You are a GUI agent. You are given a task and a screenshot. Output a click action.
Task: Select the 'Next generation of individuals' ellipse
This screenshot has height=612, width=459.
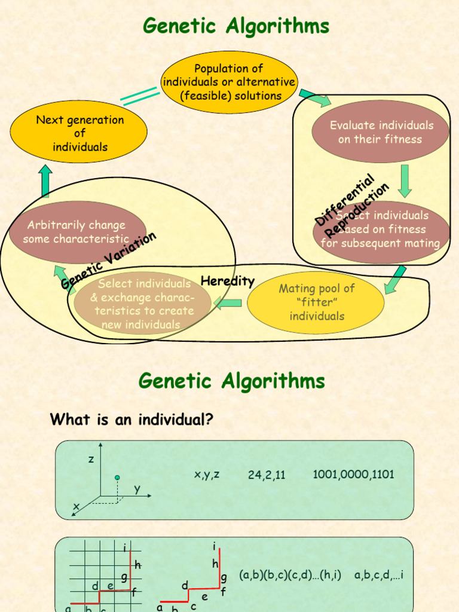point(79,133)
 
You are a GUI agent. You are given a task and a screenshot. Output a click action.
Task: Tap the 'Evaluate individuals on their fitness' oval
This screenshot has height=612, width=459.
point(380,132)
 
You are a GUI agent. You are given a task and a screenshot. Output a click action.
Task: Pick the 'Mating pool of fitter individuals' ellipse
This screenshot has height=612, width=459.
point(316,302)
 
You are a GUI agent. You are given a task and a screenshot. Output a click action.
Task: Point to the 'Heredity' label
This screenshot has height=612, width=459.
point(228,281)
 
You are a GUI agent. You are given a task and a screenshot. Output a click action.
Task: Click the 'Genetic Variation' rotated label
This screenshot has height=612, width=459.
point(109,261)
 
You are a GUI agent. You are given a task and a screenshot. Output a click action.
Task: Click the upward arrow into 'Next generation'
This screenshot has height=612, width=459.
point(45,181)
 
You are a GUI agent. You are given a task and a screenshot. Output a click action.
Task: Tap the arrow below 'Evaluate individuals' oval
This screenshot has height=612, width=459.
point(405,180)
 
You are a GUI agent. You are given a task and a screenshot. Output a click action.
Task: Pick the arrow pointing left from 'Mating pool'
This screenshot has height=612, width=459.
point(228,303)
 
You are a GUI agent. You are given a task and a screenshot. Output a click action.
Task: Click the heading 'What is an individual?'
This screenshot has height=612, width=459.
point(131,420)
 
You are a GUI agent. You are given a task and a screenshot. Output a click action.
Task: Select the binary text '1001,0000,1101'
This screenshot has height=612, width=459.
point(353,475)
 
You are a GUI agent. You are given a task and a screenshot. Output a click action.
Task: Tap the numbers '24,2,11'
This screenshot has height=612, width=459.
point(267,475)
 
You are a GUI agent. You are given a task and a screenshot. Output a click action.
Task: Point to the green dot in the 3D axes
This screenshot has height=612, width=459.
point(118,478)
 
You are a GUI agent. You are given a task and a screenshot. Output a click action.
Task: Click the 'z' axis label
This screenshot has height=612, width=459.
point(91,459)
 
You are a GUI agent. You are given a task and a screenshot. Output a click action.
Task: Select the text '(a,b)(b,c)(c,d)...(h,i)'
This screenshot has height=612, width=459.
point(290,575)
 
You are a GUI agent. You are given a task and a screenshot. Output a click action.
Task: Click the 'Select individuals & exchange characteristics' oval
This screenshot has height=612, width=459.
point(142,304)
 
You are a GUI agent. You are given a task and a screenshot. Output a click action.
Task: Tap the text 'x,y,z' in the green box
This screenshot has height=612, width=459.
point(207,475)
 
